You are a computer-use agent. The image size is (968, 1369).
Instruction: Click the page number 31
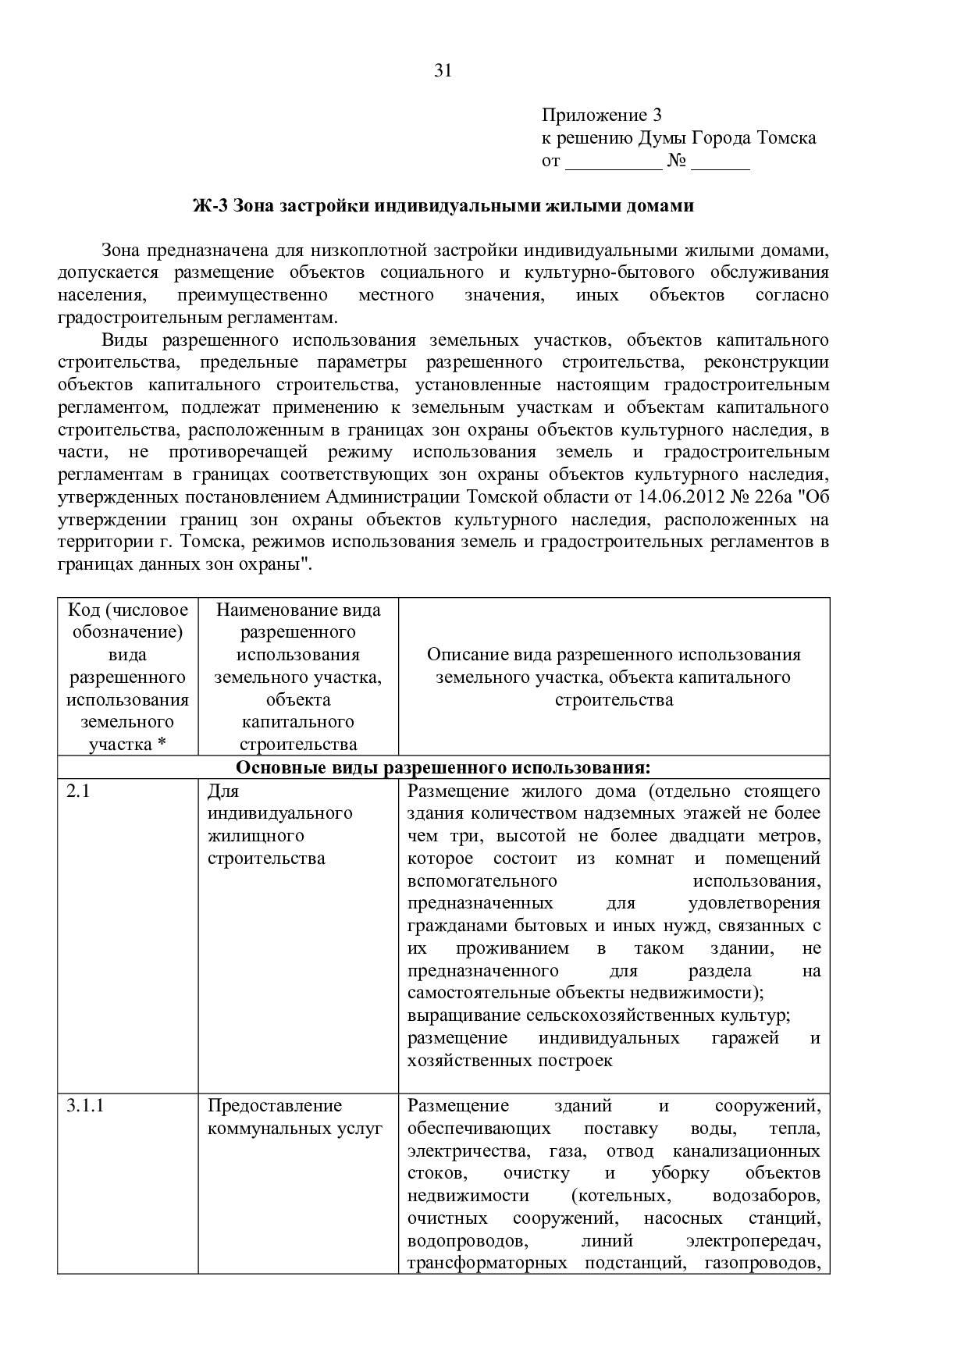443,71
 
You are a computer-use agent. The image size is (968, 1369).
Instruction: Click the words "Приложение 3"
602,116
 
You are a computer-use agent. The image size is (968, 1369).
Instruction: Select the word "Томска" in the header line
786,138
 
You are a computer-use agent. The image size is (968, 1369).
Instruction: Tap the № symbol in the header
676,162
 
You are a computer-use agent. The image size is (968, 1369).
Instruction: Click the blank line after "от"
613,162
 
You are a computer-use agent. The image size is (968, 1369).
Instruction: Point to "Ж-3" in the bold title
210,206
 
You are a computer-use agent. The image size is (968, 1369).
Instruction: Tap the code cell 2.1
78,791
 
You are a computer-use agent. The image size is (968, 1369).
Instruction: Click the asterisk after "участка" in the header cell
162,745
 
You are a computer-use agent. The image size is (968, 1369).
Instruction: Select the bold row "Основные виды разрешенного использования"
443,767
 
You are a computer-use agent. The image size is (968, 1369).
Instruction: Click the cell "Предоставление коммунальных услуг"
295,1117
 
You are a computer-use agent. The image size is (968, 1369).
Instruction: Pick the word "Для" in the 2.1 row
222,791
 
